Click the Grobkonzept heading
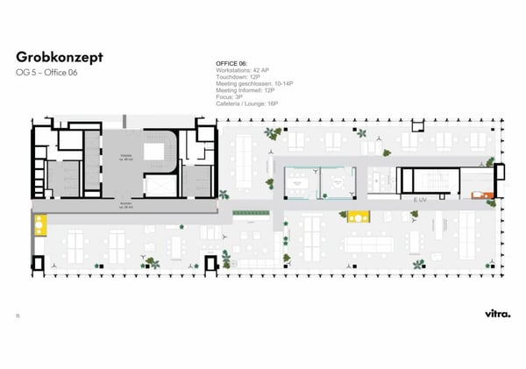[x=59, y=56]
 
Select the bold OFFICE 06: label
[x=232, y=64]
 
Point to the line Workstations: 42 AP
[x=243, y=71]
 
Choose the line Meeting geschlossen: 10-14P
[x=254, y=83]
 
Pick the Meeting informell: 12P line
[x=245, y=90]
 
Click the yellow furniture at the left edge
[x=39, y=224]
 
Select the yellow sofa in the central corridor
[x=357, y=215]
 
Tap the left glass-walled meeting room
[x=301, y=181]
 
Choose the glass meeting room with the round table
[x=336, y=181]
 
